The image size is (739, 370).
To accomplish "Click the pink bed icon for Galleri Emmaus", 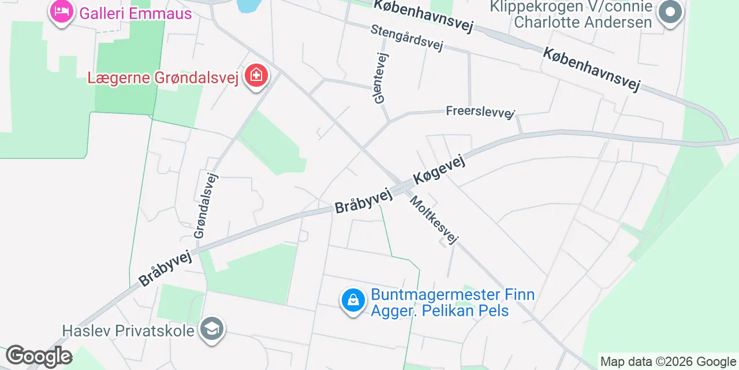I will coord(61,12).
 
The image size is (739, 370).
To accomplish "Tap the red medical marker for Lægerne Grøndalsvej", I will coord(256,76).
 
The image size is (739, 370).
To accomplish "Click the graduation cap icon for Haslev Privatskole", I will coord(212,330).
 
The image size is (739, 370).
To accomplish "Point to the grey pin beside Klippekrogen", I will coord(670,13).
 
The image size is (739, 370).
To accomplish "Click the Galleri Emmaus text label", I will coord(136,13).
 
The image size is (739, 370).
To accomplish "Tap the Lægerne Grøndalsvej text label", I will coord(163,77).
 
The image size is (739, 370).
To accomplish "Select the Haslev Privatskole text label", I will coord(129,331).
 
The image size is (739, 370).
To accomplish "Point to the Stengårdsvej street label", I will coord(406,38).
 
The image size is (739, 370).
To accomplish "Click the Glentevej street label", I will coord(382,78).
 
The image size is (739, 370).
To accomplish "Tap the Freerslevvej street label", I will coord(480,111).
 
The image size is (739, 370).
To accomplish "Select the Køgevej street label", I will coord(439,171).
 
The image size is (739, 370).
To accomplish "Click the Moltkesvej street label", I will coord(434,220).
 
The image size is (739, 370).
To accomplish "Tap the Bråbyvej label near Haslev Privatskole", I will coord(165,268).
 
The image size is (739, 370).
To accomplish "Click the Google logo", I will coord(38,356).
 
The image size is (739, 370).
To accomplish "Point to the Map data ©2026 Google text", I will coord(669,362).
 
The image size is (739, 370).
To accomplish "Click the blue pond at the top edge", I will coord(248,6).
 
